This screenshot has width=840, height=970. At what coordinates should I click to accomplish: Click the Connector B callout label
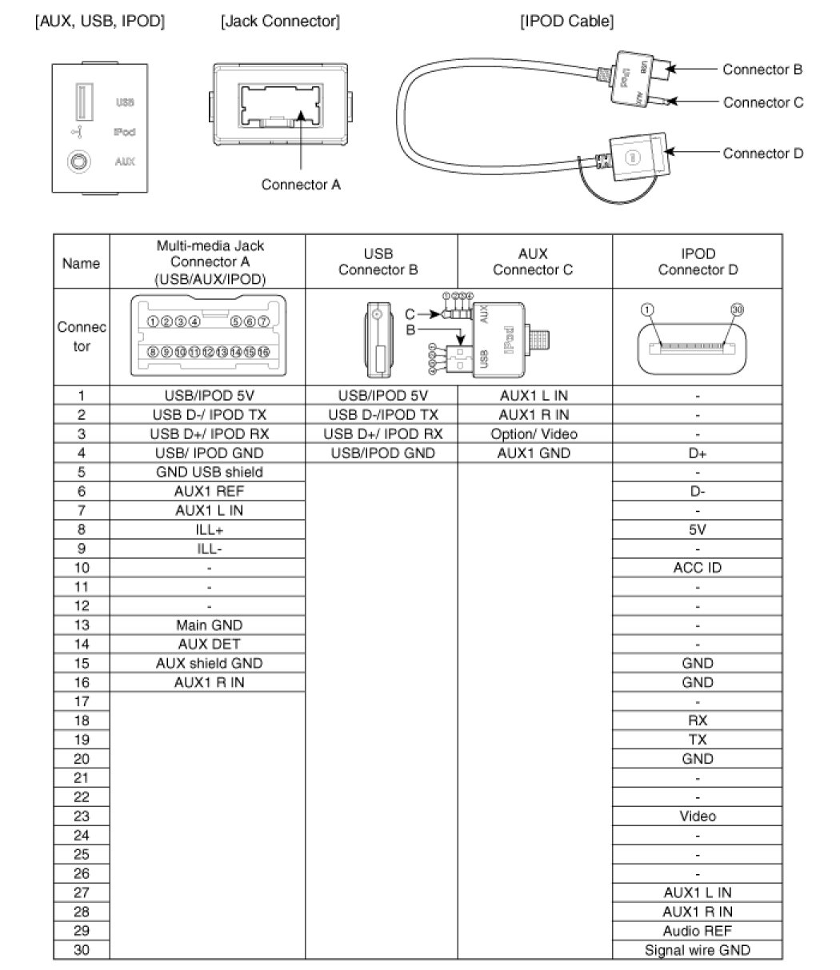[x=762, y=70]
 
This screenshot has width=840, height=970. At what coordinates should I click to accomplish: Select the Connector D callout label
[x=762, y=154]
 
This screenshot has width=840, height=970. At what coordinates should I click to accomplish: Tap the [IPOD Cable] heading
[x=567, y=22]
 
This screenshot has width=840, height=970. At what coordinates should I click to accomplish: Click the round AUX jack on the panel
[x=78, y=161]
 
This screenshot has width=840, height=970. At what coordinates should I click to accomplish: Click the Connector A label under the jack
[x=301, y=185]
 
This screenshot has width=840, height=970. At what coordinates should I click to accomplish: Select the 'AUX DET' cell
[x=209, y=644]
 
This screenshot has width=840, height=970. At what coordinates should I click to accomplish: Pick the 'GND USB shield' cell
[x=209, y=472]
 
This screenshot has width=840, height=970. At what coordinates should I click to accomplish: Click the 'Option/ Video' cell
[x=534, y=434]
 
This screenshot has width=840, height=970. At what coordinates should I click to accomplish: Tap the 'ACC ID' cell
[x=698, y=568]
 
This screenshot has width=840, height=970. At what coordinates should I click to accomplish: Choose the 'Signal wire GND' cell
[x=698, y=950]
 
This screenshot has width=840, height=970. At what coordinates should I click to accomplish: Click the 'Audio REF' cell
[x=698, y=931]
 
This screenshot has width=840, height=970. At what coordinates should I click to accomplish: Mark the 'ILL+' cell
[x=209, y=529]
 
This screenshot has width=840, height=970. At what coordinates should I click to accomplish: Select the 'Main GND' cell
[x=209, y=625]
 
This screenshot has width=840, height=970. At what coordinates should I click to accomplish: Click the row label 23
[x=81, y=816]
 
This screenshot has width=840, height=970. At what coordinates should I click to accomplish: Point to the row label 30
[x=81, y=950]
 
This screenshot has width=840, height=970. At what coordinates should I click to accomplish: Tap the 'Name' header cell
[x=81, y=263]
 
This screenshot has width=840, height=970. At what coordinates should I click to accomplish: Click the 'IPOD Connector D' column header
[x=698, y=262]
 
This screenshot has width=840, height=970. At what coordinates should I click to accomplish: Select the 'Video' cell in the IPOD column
[x=698, y=816]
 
